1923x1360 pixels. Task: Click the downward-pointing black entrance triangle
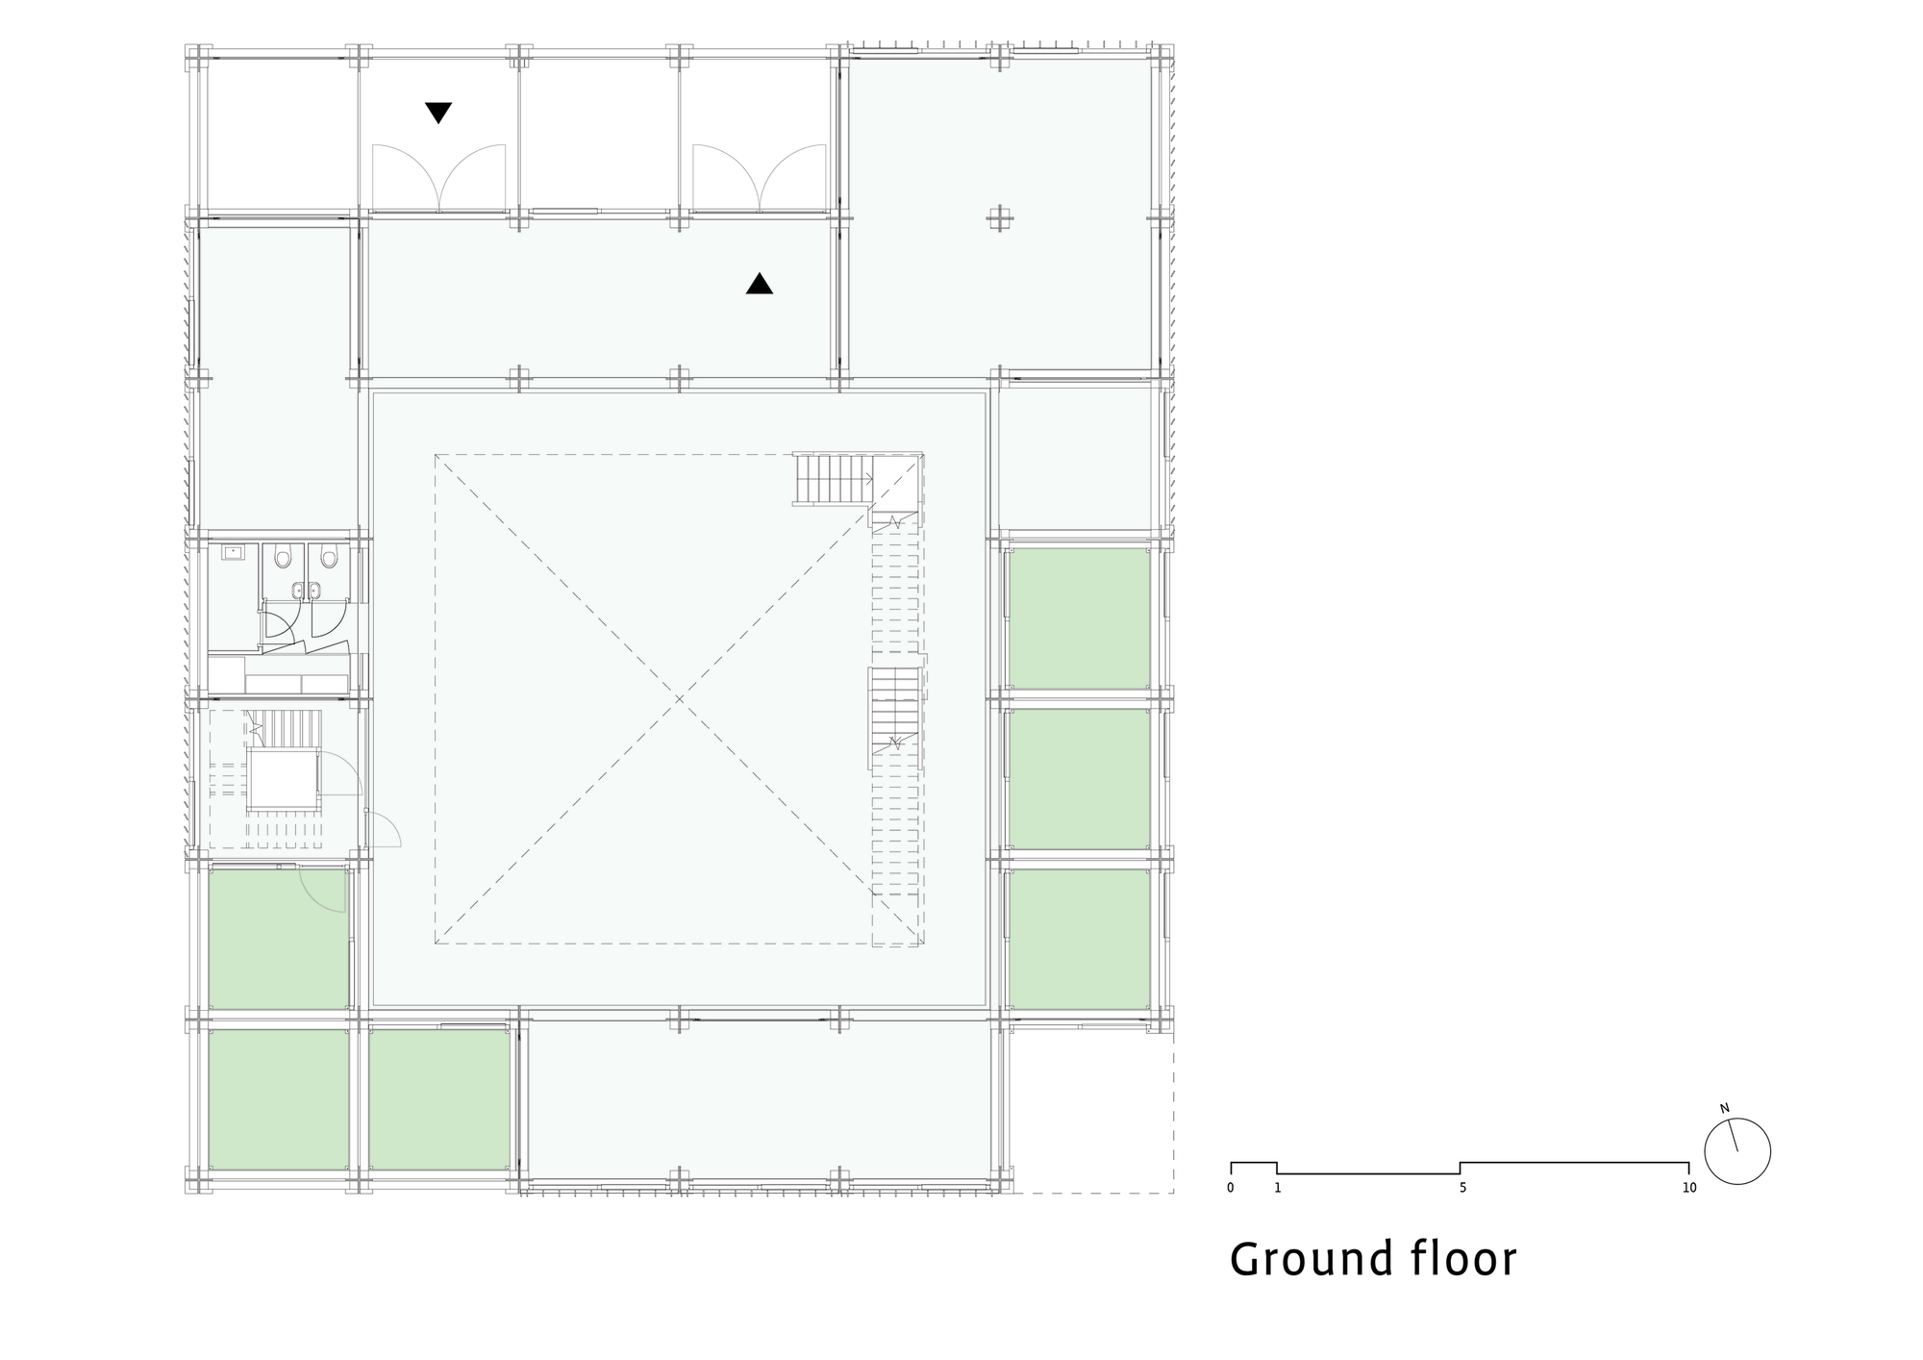tap(438, 113)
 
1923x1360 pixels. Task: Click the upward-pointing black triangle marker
tap(760, 284)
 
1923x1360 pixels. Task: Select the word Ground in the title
tap(1311, 1260)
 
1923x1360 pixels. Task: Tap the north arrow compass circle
tap(1736, 1151)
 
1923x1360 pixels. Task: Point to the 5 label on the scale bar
tap(1462, 1188)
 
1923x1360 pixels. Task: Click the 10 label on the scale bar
tap(1689, 1188)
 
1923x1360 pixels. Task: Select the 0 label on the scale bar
tap(1231, 1188)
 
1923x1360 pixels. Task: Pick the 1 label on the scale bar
tap(1278, 1188)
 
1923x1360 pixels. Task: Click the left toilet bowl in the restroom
tap(283, 558)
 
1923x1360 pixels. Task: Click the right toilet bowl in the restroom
tap(329, 558)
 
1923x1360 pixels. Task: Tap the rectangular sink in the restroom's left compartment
tap(234, 552)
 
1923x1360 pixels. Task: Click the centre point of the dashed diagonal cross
tap(679, 699)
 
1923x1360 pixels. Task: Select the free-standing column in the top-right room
tap(1000, 219)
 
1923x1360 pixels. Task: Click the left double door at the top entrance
tap(439, 178)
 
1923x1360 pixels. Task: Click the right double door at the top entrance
tap(760, 178)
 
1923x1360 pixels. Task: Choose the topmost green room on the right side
tap(1078, 617)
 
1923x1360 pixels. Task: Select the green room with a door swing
tap(279, 938)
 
